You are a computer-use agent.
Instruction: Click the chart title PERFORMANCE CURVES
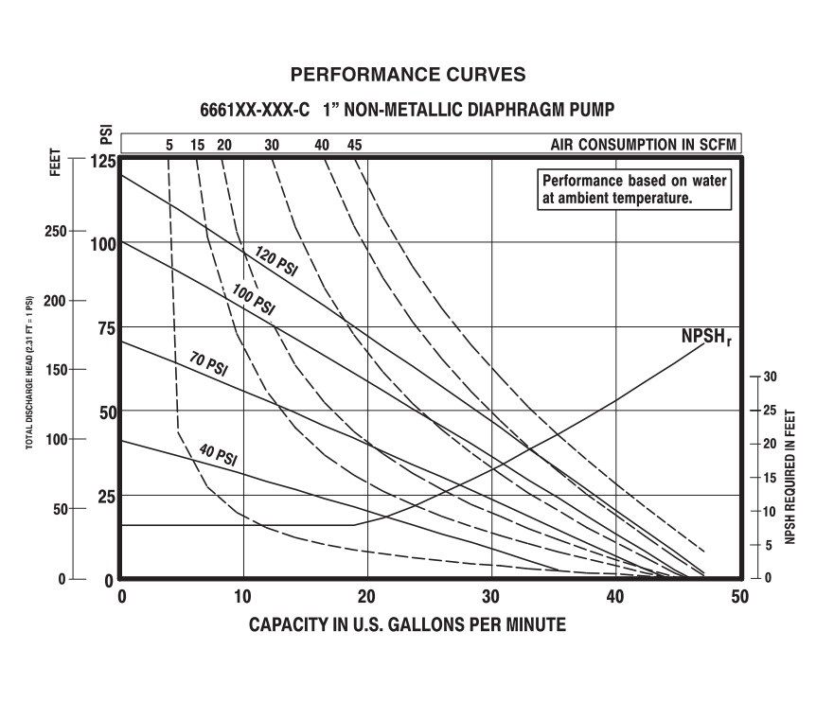(407, 75)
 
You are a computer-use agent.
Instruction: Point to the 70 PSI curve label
(208, 363)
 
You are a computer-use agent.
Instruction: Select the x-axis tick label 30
(491, 597)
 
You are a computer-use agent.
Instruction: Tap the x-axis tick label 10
(244, 597)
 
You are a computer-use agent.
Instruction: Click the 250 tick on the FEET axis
(55, 231)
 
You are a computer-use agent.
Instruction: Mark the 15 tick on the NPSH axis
(770, 478)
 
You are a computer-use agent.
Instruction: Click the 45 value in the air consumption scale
(354, 145)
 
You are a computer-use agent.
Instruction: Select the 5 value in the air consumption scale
(169, 145)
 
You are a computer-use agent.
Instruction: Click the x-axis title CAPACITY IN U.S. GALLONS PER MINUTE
(407, 625)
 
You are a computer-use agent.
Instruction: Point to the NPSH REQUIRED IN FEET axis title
(790, 477)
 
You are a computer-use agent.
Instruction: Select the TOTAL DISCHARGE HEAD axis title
(29, 371)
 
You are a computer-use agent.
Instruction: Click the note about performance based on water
(634, 189)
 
